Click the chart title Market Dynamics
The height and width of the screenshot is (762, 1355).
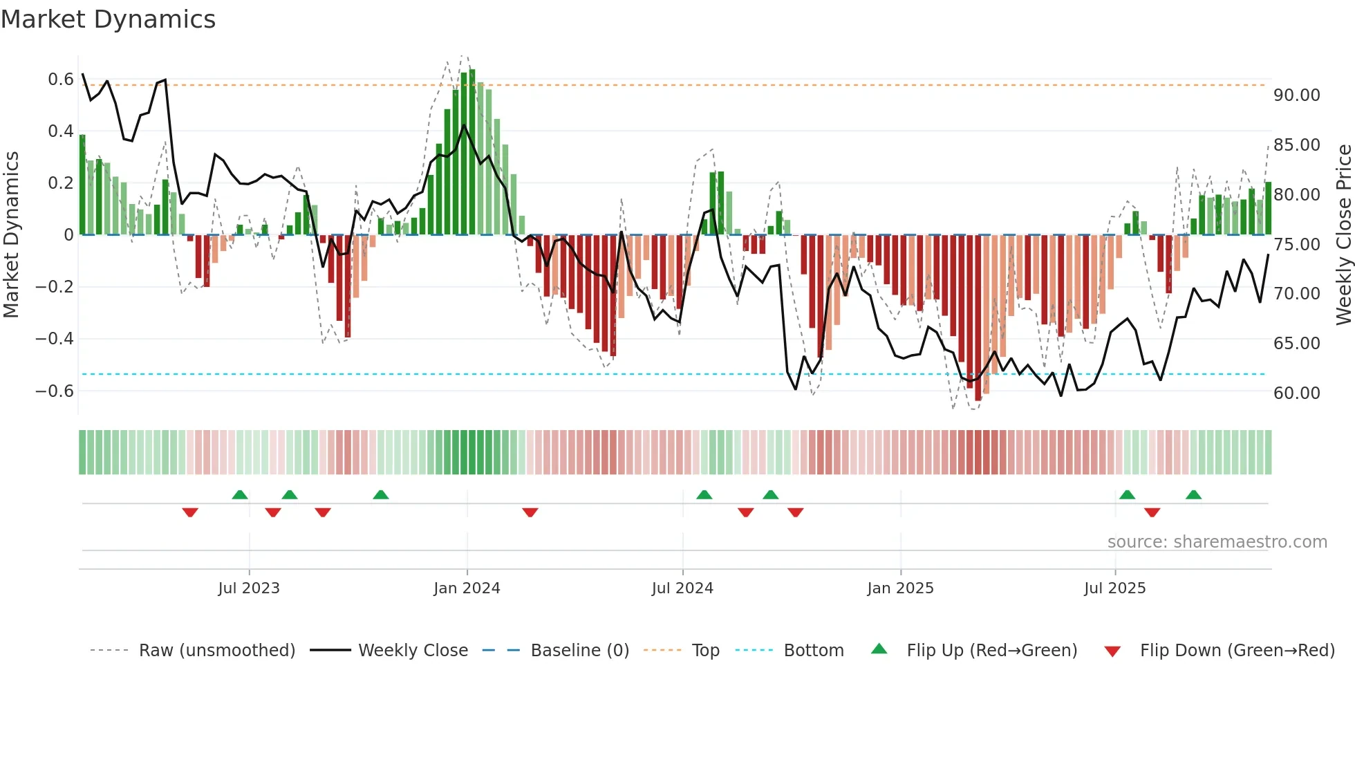click(108, 19)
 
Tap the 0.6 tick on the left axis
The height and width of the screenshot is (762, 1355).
click(61, 80)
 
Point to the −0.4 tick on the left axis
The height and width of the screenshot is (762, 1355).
click(55, 339)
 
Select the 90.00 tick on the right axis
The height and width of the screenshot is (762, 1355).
click(1296, 95)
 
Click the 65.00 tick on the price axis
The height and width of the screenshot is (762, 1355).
click(1296, 344)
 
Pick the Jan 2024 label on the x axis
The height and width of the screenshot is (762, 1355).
click(467, 588)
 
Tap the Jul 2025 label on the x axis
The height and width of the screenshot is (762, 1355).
click(1114, 588)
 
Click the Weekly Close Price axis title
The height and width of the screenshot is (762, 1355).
click(1343, 235)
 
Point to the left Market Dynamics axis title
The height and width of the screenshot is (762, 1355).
click(11, 235)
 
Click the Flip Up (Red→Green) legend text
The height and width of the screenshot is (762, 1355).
click(991, 651)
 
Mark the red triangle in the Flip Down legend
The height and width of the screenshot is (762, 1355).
click(1112, 651)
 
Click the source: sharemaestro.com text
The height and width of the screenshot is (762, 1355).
click(1217, 542)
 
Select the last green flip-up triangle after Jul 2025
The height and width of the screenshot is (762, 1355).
click(1193, 495)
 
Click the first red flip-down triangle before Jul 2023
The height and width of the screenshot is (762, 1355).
click(190, 512)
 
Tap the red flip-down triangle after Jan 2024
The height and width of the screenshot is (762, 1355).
click(530, 512)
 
